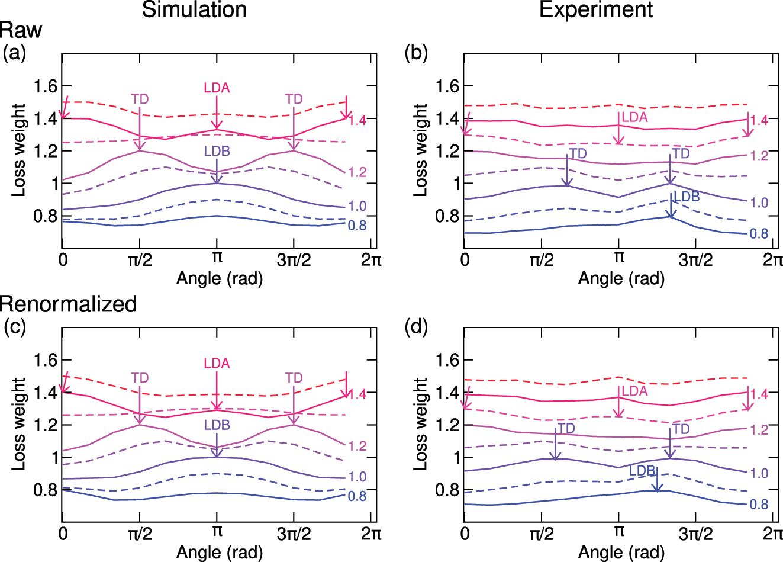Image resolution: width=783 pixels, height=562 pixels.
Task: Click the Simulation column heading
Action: click(194, 10)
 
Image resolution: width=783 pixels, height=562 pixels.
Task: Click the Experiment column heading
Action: click(596, 10)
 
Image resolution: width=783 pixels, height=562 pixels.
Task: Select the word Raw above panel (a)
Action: click(21, 31)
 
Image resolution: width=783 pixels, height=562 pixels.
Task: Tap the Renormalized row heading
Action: click(69, 304)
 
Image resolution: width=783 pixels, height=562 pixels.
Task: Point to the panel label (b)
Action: click(416, 53)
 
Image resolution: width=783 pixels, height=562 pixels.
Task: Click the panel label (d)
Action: click(416, 327)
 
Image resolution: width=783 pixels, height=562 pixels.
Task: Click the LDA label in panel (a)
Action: click(217, 88)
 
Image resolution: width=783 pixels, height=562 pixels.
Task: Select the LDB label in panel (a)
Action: click(217, 151)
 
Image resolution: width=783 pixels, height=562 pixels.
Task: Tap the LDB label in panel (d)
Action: click(642, 471)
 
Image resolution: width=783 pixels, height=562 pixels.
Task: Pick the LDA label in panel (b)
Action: click(634, 117)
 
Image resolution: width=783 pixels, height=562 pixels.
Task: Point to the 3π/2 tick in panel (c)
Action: click(294, 534)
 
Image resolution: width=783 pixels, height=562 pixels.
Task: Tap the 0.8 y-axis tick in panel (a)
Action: click(45, 216)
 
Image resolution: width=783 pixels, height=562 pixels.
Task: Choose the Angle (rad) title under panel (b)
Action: click(621, 278)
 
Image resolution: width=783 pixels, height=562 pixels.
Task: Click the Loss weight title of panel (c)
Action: click(19, 424)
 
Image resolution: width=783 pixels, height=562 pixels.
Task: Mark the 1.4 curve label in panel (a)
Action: click(357, 120)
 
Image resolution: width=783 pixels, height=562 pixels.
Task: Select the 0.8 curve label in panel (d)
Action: click(759, 505)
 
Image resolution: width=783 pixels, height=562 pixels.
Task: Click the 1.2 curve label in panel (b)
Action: click(759, 156)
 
